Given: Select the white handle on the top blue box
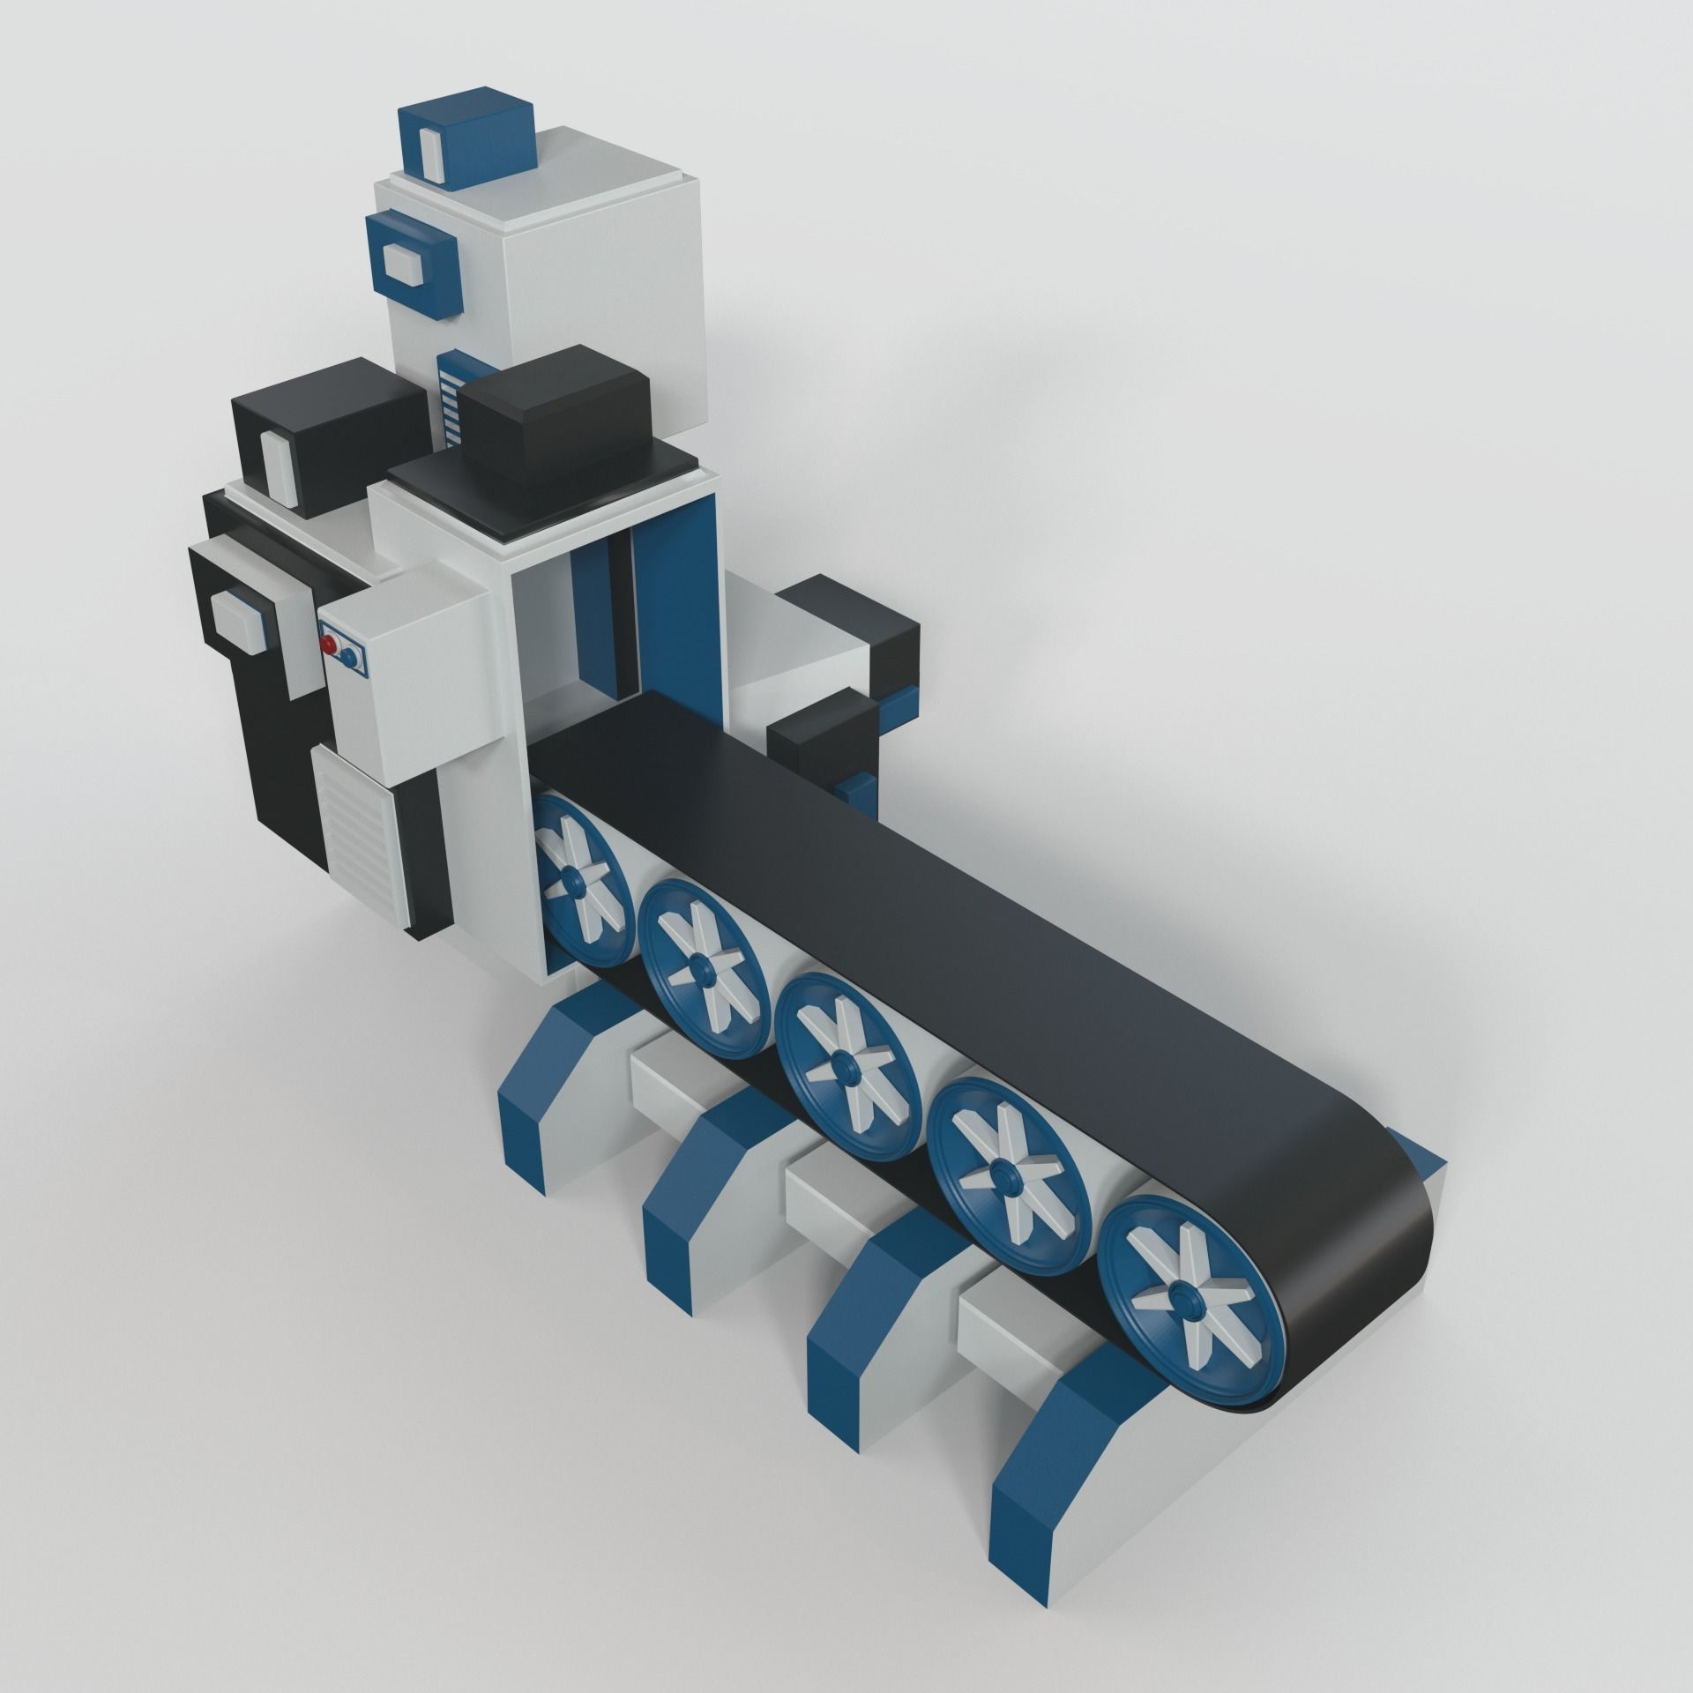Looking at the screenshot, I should coord(432,148).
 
